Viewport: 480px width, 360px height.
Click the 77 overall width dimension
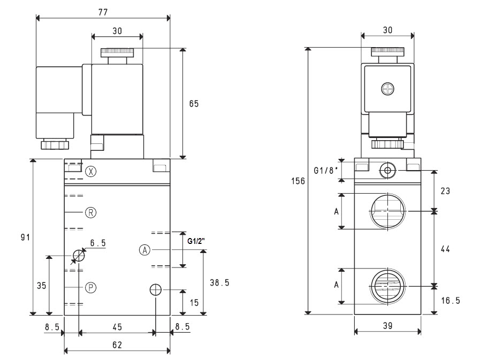103,12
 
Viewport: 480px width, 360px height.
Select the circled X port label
90,171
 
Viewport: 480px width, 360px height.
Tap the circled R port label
90,212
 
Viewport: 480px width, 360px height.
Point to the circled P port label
90,287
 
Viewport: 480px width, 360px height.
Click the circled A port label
145,250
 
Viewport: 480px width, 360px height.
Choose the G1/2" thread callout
196,241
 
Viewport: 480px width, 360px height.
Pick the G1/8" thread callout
326,170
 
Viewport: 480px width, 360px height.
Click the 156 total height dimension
298,181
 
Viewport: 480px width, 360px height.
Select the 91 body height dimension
25,237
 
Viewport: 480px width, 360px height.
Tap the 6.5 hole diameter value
98,243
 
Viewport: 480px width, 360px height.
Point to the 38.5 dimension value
219,282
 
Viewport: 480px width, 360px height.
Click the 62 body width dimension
117,345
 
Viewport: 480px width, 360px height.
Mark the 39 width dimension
388,326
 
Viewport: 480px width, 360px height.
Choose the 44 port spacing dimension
445,249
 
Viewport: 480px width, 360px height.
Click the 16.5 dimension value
451,301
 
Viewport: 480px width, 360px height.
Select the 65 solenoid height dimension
194,104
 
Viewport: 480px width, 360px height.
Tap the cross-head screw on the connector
387,89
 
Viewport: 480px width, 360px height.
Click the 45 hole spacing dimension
117,327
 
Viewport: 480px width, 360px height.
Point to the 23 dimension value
445,191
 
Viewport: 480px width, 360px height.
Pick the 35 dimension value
42,286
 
